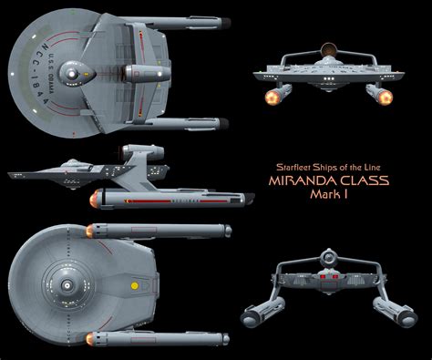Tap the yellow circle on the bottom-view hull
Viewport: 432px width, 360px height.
135,284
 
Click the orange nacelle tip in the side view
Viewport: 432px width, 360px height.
91,197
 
